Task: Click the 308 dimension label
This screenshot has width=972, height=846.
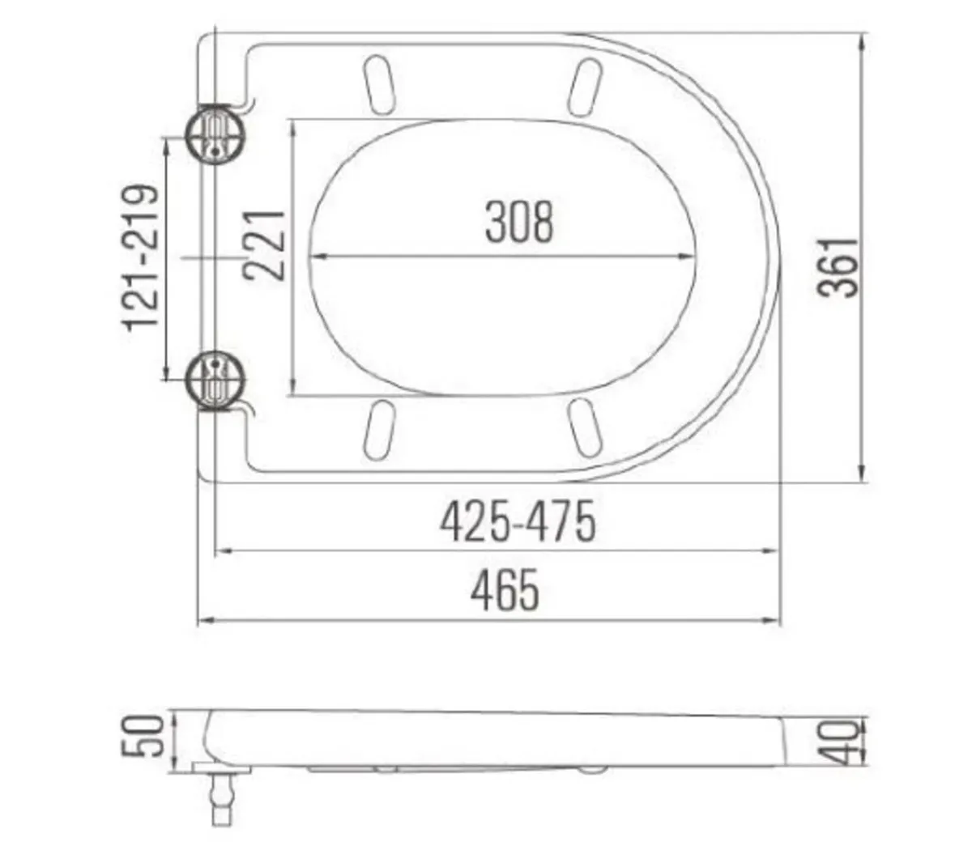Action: click(x=519, y=223)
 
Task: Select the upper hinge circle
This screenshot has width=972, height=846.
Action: click(x=215, y=134)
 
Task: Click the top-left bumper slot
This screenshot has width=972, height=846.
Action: click(x=379, y=83)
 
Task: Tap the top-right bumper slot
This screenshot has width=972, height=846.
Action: click(x=586, y=86)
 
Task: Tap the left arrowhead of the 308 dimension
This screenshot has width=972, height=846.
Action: click(x=317, y=257)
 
